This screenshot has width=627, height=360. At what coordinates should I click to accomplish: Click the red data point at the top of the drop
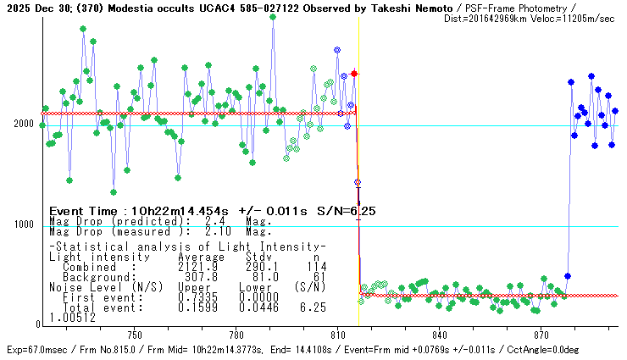click(354, 74)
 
